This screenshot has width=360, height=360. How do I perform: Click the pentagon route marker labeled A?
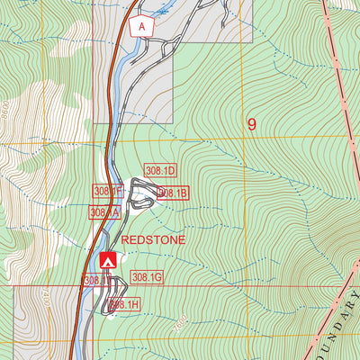tap(142, 27)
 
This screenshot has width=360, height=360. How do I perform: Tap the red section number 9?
tap(252, 124)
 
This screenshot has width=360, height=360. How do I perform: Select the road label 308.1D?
tap(162, 170)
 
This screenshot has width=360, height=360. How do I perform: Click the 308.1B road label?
tap(172, 193)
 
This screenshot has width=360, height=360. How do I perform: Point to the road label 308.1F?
tap(107, 191)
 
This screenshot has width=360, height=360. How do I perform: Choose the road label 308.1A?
tap(103, 212)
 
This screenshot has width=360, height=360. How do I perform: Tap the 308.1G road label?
tap(147, 277)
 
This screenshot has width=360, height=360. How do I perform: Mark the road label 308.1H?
tap(124, 305)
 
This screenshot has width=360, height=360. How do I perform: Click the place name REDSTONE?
tap(153, 240)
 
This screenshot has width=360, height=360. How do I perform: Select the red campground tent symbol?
tap(109, 260)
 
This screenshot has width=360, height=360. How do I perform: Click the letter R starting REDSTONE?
tap(125, 240)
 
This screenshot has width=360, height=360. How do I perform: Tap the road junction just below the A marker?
tap(144, 43)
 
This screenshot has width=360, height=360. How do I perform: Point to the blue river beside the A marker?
tap(126, 40)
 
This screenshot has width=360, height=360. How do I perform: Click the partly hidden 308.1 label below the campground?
tap(94, 281)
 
